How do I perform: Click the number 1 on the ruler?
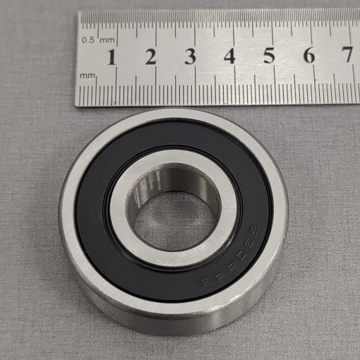(111, 56)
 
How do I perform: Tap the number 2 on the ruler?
(150, 56)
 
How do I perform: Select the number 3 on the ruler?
(190, 56)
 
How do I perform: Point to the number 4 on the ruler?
(229, 56)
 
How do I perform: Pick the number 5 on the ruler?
(269, 56)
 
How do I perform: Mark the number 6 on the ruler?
(308, 56)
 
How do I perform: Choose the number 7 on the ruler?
(347, 55)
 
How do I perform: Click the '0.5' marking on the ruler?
(89, 40)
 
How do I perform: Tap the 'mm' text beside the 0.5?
(107, 40)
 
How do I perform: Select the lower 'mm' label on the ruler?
(88, 73)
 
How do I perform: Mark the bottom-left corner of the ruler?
(76, 105)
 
